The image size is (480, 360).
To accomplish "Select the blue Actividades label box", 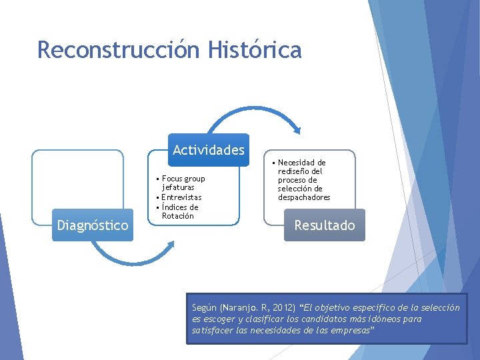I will (x=209, y=150).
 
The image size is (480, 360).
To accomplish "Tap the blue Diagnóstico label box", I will (x=93, y=225).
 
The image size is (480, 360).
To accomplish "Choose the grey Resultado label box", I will (x=325, y=225).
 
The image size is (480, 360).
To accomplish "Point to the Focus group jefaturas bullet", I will (x=183, y=183).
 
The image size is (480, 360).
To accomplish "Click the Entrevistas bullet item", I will (x=181, y=197).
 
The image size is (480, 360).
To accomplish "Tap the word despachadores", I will (x=304, y=197).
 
